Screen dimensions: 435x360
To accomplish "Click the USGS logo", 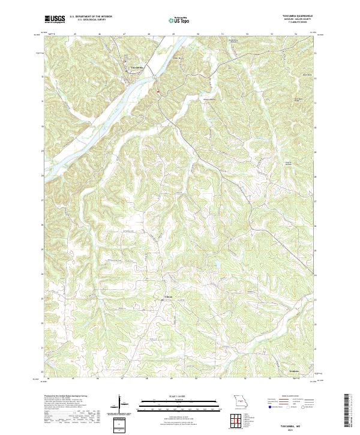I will tap(55, 19).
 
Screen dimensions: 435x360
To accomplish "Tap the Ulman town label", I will tap(169, 297).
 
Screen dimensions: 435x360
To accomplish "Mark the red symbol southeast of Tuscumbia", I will tap(157, 91).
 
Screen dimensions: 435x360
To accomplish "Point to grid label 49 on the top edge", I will tap(173, 34).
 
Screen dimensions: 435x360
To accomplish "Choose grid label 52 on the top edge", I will tap(247, 34).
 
